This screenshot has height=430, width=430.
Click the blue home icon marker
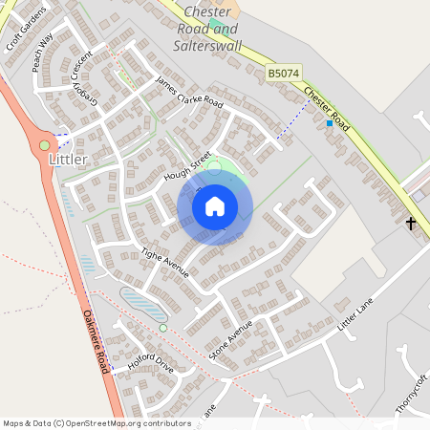point(215,206)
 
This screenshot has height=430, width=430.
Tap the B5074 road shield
point(283,73)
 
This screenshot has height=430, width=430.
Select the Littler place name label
point(68,160)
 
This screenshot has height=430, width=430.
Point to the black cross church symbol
point(412,224)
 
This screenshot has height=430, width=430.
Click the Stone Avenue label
point(230,338)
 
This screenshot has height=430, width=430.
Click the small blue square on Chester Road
point(330,123)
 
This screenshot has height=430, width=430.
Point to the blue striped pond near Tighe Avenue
point(143,306)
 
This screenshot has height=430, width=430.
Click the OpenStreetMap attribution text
point(97,422)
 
